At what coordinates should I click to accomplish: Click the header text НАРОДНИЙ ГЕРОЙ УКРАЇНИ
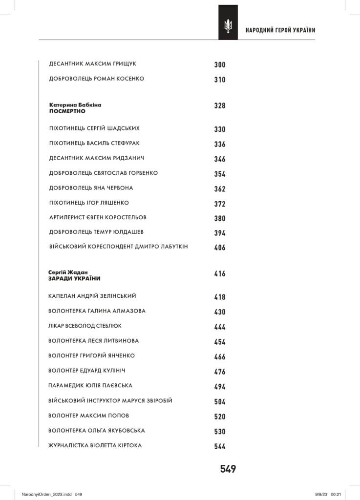(x=281, y=30)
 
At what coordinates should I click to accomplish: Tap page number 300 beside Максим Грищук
(x=220, y=65)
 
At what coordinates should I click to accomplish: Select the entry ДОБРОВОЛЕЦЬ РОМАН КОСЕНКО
(x=97, y=79)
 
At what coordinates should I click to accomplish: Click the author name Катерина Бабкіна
(x=76, y=105)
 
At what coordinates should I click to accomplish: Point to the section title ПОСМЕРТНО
(x=67, y=111)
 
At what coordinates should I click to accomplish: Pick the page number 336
(x=220, y=145)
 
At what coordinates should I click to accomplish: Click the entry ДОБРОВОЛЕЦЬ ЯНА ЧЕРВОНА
(x=91, y=188)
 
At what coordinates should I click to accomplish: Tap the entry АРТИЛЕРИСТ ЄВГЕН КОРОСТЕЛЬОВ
(x=98, y=217)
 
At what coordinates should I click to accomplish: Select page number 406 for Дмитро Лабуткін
(x=220, y=248)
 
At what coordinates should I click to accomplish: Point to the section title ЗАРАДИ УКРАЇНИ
(x=74, y=279)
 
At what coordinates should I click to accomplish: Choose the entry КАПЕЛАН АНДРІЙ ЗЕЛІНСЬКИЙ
(x=92, y=296)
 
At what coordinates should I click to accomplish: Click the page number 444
(x=220, y=327)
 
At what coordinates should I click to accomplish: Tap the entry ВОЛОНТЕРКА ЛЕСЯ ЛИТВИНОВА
(x=94, y=341)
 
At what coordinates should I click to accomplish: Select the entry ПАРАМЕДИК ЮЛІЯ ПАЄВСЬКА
(x=90, y=386)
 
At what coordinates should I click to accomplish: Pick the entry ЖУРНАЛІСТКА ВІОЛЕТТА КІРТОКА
(x=95, y=445)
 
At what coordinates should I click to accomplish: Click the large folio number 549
(x=228, y=469)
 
